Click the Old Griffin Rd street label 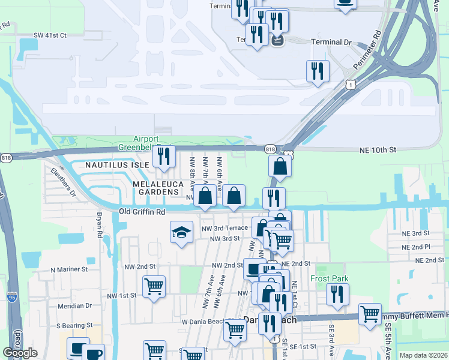pyautogui.click(x=142, y=212)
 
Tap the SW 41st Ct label pyautogui.click(x=50, y=35)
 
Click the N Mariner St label pyautogui.click(x=69, y=269)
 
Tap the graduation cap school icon pyautogui.click(x=181, y=233)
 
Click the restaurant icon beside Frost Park pyautogui.click(x=338, y=294)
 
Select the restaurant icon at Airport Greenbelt pyautogui.click(x=163, y=156)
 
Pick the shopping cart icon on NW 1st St pyautogui.click(x=154, y=287)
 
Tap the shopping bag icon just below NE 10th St pyautogui.click(x=280, y=166)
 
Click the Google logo pyautogui.click(x=20, y=353)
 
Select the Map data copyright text pyautogui.click(x=423, y=355)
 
